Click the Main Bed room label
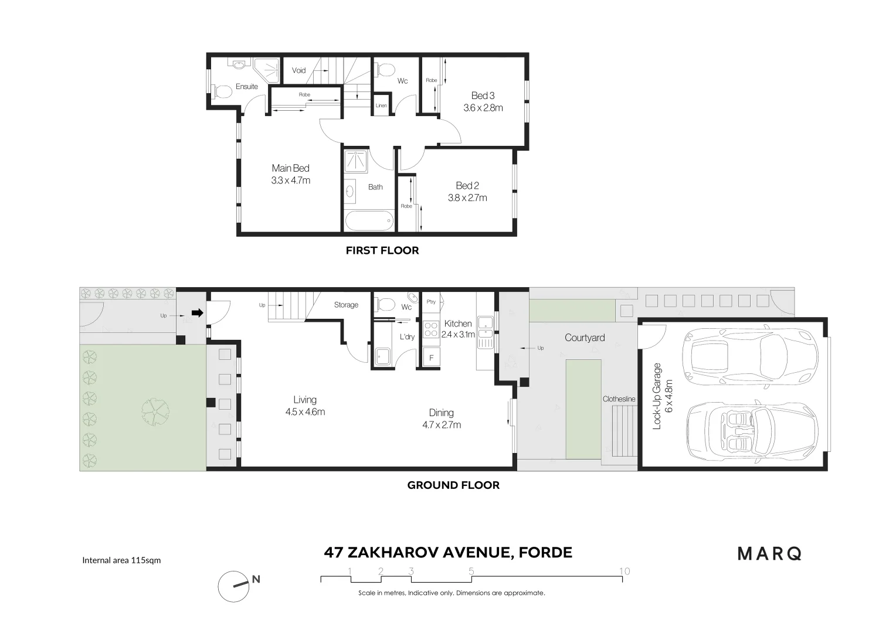(x=290, y=169)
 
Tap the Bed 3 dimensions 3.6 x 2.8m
(x=483, y=108)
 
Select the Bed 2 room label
(x=467, y=186)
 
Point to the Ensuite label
(x=247, y=87)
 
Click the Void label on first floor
(x=299, y=70)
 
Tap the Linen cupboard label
(x=381, y=105)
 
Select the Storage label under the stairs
(x=346, y=305)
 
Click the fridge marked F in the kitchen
(x=432, y=358)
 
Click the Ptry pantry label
(x=432, y=302)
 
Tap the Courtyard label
(x=585, y=338)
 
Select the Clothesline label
(x=619, y=399)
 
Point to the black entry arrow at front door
(x=198, y=313)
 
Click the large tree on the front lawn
(x=155, y=408)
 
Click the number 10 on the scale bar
(x=625, y=571)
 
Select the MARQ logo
(x=769, y=553)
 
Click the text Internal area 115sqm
(x=121, y=560)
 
